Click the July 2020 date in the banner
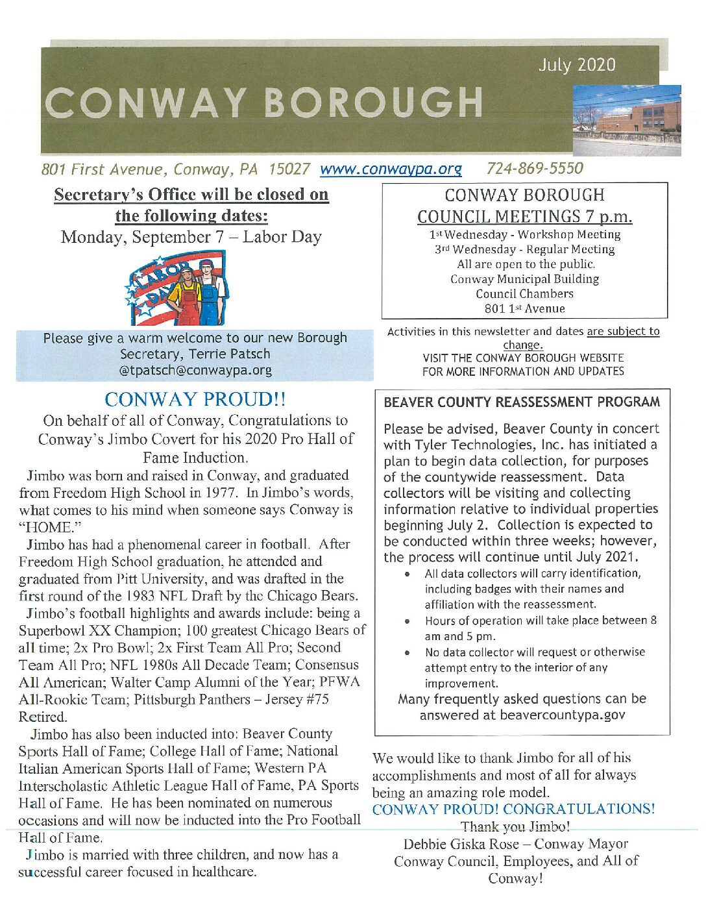[x=576, y=65]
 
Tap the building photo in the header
[x=626, y=120]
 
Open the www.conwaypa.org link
[x=391, y=169]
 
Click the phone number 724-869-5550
[x=535, y=169]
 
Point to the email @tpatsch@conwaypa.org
[x=195, y=370]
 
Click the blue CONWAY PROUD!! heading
[x=195, y=399]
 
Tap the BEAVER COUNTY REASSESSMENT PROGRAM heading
[x=522, y=402]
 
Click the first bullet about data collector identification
[x=532, y=589]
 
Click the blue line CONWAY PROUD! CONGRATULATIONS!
[x=513, y=809]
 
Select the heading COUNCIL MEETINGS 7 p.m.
[x=524, y=216]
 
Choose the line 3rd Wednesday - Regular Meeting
[x=524, y=249]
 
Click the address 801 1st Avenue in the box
[x=524, y=309]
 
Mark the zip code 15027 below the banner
[x=289, y=169]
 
